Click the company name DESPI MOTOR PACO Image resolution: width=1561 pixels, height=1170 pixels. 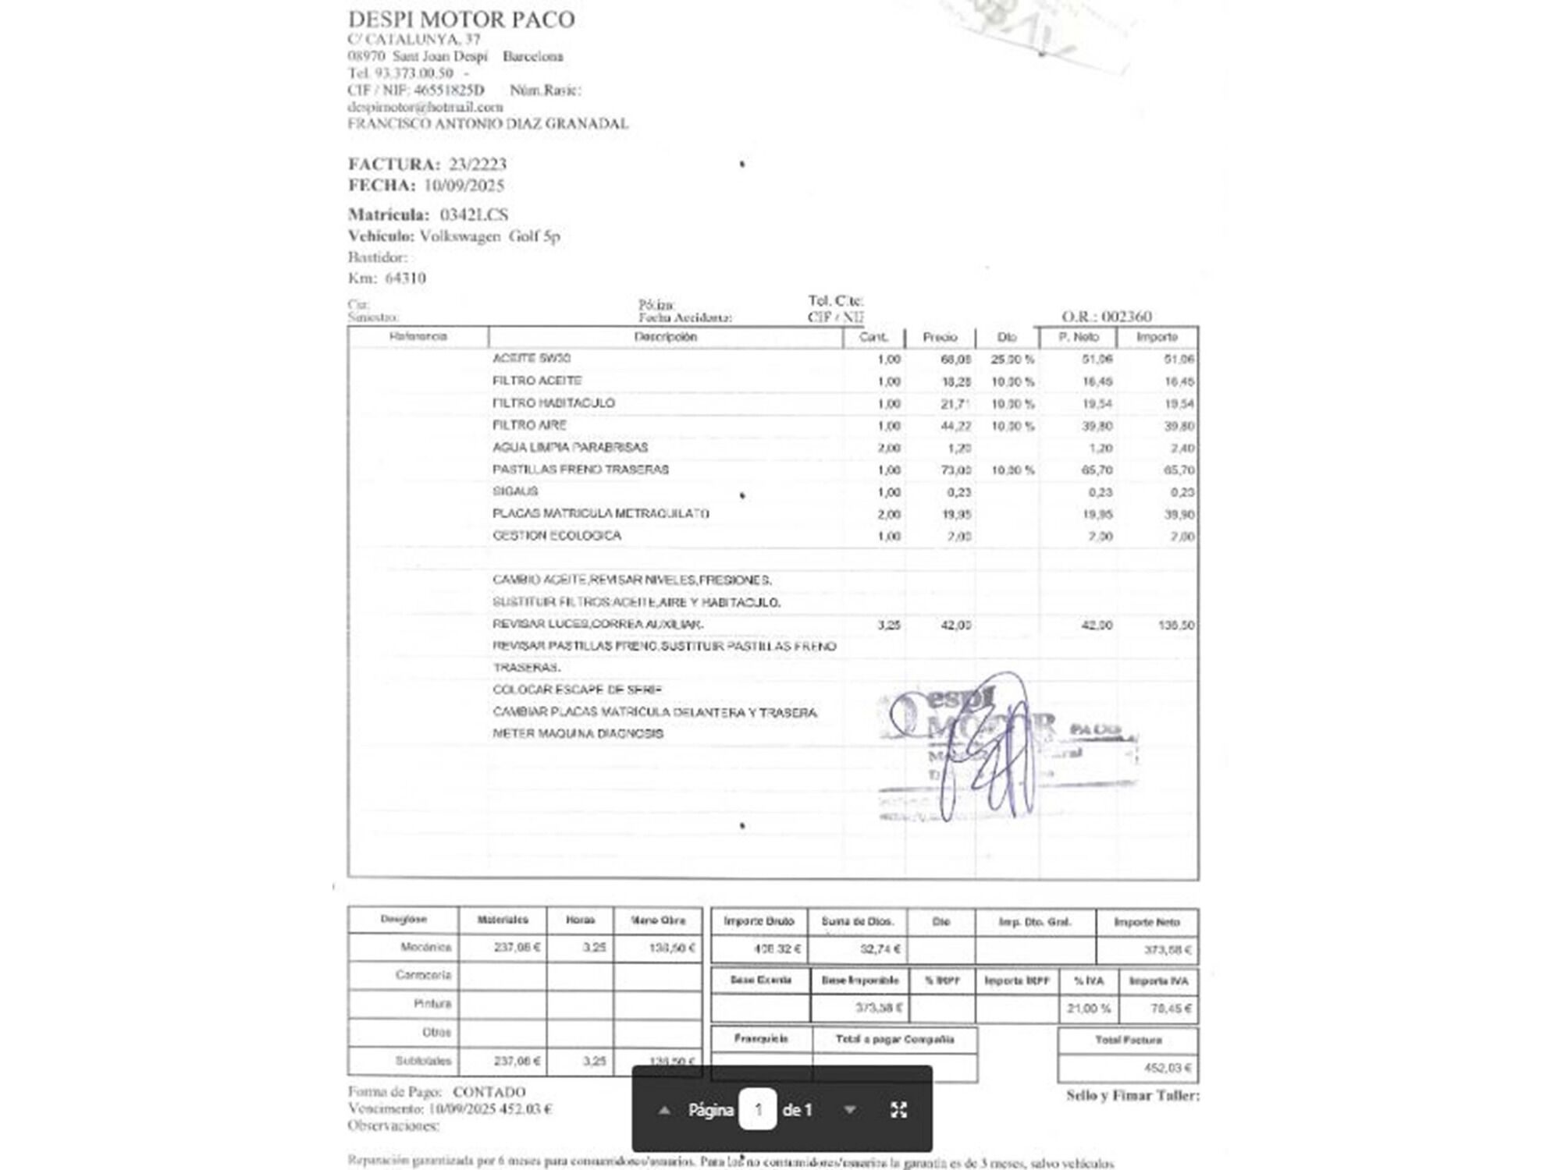tap(461, 19)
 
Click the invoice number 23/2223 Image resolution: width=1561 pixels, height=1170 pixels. tap(477, 165)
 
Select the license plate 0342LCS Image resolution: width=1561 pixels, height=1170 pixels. tap(474, 214)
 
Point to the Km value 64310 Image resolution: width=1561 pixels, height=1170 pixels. tap(405, 278)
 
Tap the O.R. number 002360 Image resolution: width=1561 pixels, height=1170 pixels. tap(1124, 317)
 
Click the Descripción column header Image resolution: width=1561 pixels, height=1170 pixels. tap(665, 337)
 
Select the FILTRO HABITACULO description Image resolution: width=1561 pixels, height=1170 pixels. tap(553, 403)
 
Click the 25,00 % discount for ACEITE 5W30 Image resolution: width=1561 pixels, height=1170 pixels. tap(1012, 360)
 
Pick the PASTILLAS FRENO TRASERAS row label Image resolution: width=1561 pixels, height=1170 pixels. tap(580, 470)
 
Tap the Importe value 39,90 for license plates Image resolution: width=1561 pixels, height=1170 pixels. tap(1178, 515)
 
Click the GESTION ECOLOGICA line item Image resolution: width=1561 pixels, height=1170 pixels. tap(556, 536)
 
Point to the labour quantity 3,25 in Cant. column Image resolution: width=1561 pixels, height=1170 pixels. tap(889, 626)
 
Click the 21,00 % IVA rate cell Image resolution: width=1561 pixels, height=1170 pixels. tap(1089, 1009)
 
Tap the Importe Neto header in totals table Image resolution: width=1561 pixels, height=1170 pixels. tap(1146, 922)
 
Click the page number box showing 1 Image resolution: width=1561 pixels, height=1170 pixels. tap(757, 1109)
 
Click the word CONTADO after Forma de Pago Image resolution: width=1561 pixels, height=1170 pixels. tap(489, 1092)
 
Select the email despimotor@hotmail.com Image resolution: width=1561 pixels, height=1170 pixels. tap(425, 107)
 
